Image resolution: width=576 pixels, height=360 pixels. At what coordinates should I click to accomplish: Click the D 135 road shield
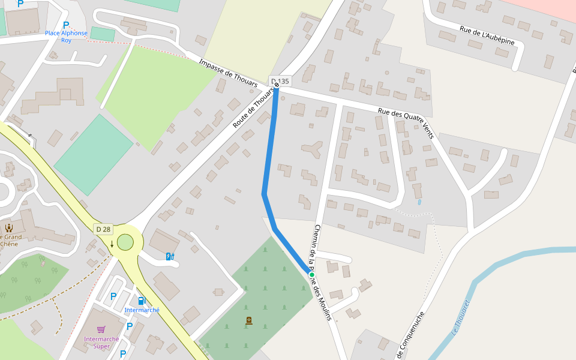(x=280, y=81)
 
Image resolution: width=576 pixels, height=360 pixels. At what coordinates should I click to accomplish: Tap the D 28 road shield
(x=103, y=229)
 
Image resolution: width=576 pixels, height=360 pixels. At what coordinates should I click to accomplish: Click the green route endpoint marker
(x=312, y=274)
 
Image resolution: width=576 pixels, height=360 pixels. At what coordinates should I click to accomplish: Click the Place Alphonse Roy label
(x=66, y=37)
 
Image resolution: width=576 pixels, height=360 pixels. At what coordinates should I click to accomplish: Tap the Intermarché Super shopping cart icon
(x=101, y=329)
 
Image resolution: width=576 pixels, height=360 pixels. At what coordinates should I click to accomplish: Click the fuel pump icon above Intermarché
(x=142, y=301)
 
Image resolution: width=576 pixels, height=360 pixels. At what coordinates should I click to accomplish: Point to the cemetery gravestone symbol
(x=249, y=321)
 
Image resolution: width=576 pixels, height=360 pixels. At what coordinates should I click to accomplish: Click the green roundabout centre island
(x=125, y=242)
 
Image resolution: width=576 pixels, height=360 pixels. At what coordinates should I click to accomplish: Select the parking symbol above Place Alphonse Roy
(x=66, y=25)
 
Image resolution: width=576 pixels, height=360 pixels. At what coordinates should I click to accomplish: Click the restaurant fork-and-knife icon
(x=9, y=227)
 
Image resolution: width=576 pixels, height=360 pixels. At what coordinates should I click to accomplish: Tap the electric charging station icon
(x=170, y=257)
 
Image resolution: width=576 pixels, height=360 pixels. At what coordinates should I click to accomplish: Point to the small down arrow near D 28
(x=112, y=244)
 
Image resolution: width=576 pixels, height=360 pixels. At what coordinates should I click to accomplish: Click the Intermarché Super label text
(x=97, y=343)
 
